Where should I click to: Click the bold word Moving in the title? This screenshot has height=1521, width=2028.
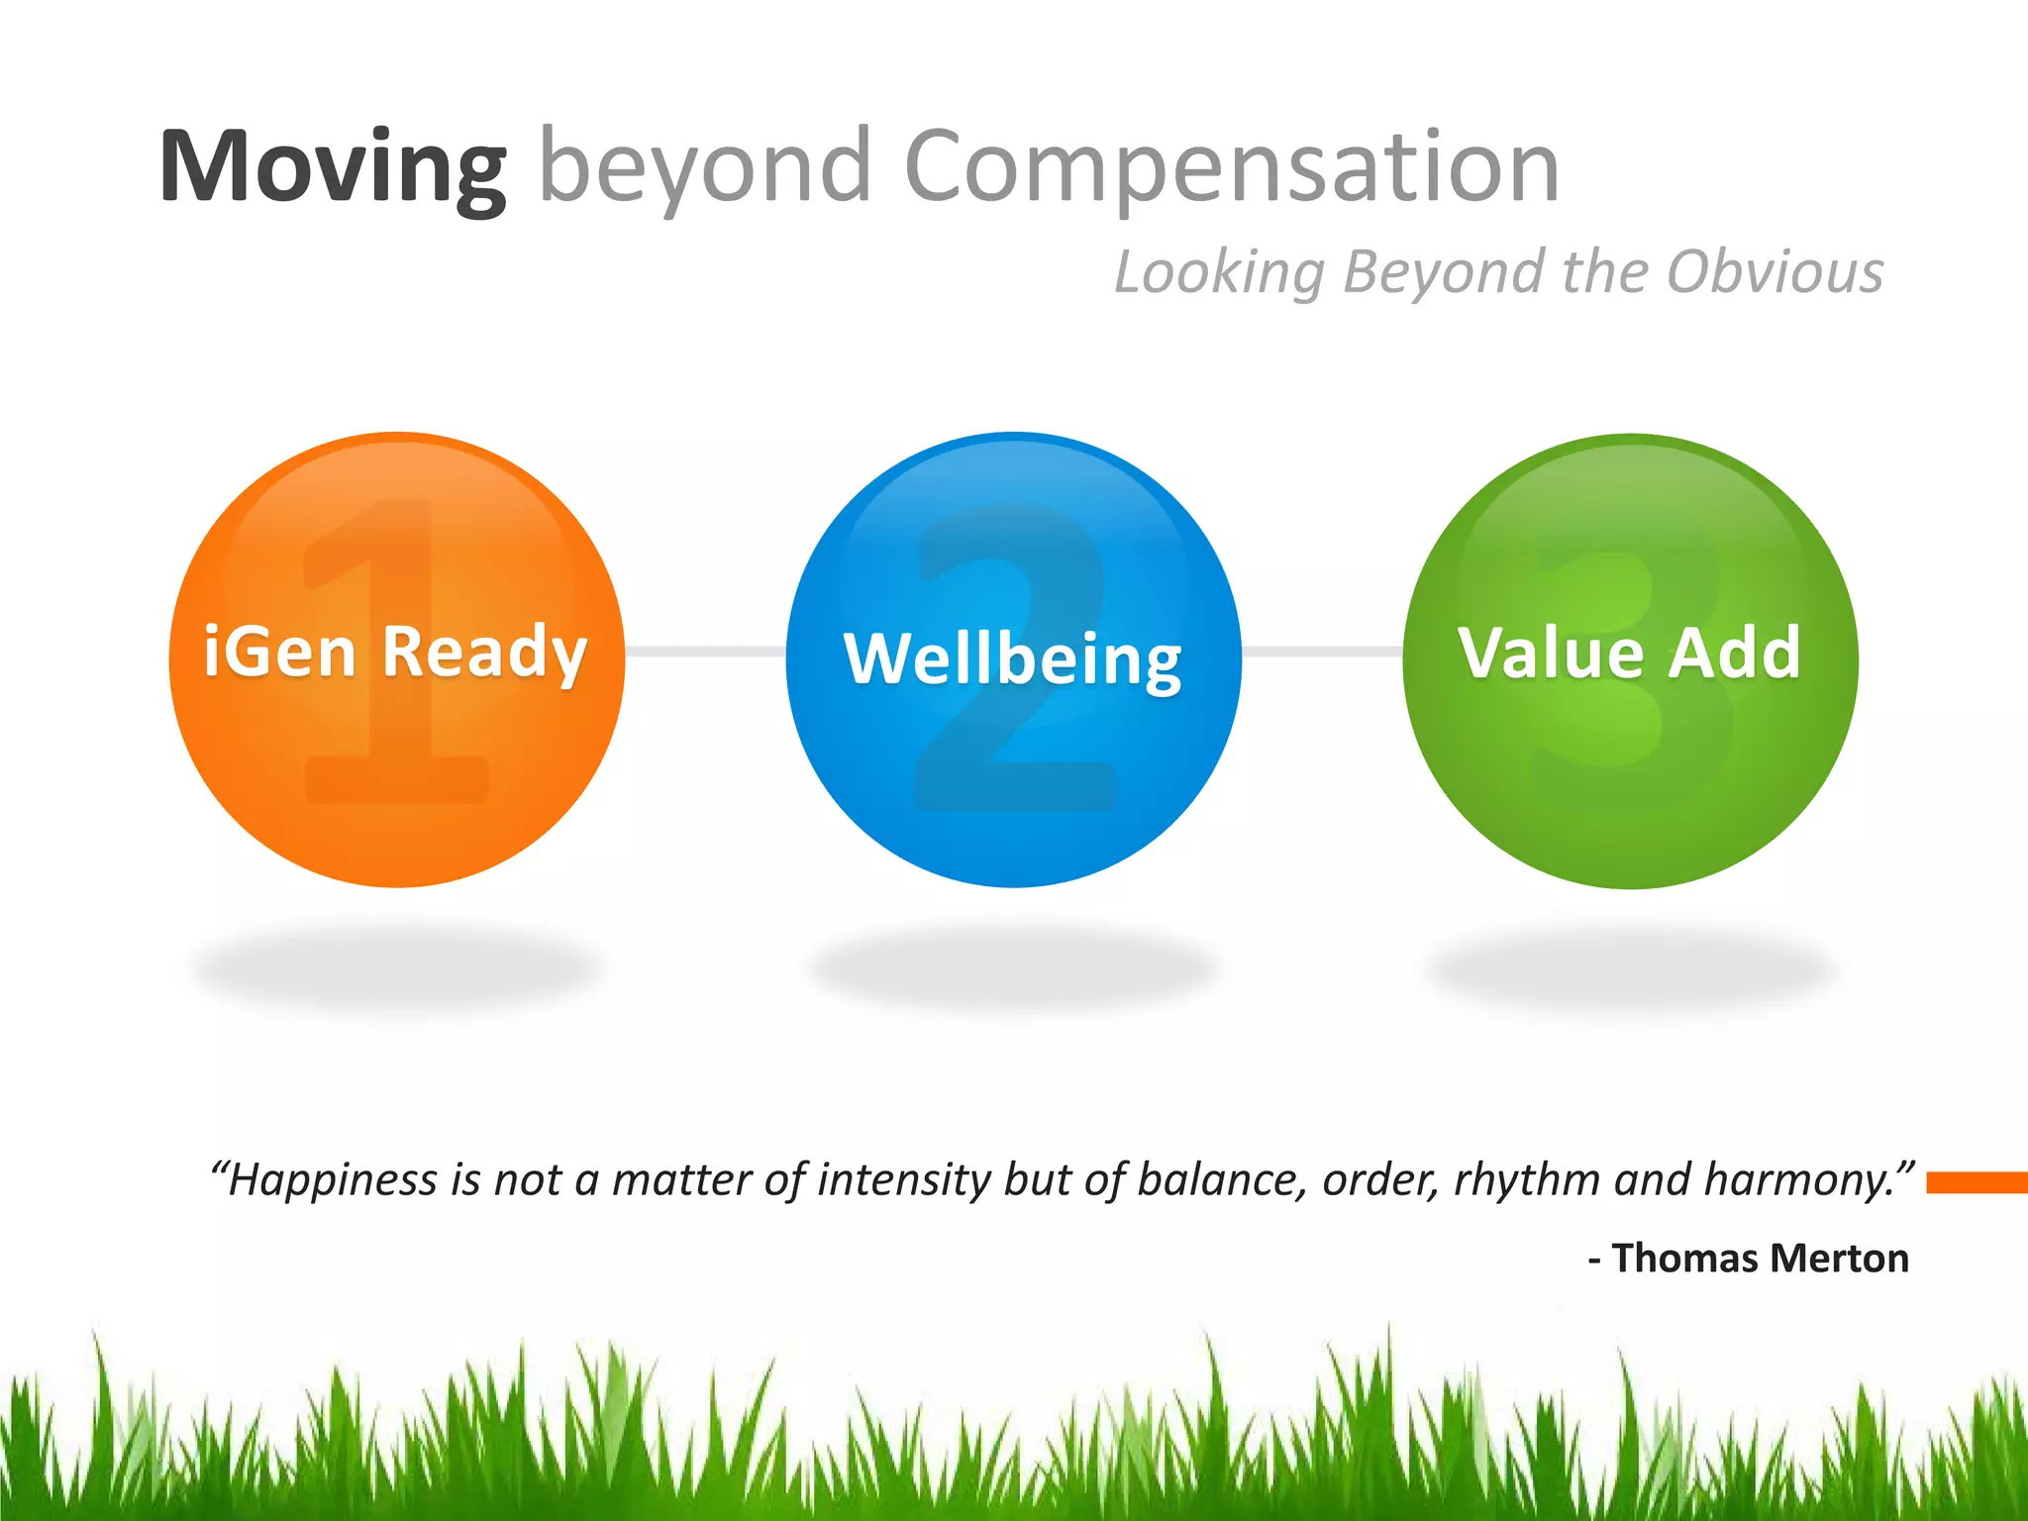tap(333, 168)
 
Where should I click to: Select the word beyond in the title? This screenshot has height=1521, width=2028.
tap(704, 168)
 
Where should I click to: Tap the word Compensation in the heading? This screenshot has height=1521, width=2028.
tap(1232, 168)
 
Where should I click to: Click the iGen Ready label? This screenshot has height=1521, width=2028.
tap(396, 653)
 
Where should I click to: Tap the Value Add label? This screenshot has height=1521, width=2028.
tap(1630, 654)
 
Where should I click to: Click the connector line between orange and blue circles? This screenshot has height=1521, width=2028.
tap(705, 651)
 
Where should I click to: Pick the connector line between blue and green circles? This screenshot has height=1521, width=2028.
tap(1322, 651)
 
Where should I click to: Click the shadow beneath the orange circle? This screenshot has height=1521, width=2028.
tap(396, 968)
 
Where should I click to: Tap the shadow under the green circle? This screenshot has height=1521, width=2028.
tap(1630, 968)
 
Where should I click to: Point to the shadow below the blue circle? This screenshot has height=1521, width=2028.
tap(1013, 968)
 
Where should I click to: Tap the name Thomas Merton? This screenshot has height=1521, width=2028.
tap(1760, 1259)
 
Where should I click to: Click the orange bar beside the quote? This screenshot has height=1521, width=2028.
tap(1977, 1182)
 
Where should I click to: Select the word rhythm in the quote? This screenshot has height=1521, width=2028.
tap(1526, 1180)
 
